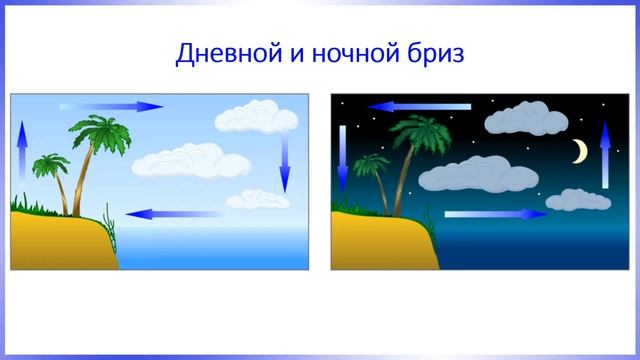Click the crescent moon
click(579, 151)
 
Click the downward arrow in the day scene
click(284, 160)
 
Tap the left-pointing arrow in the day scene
click(166, 213)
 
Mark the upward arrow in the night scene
click(605, 154)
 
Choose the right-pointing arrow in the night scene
click(496, 213)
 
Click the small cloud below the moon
click(577, 199)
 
